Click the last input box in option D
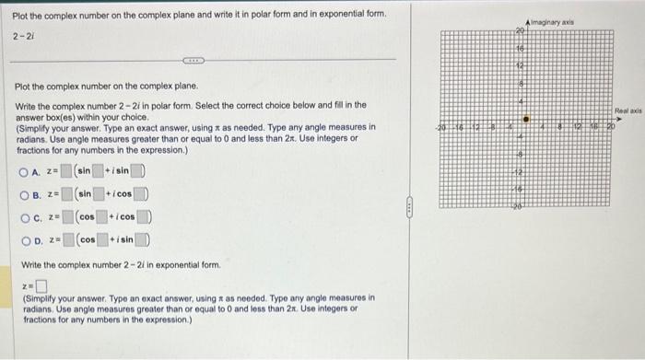[146, 240]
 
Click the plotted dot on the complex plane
[526, 118]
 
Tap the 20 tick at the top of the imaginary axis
[519, 31]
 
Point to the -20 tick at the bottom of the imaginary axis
[519, 210]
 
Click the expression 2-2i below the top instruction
[23, 35]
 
